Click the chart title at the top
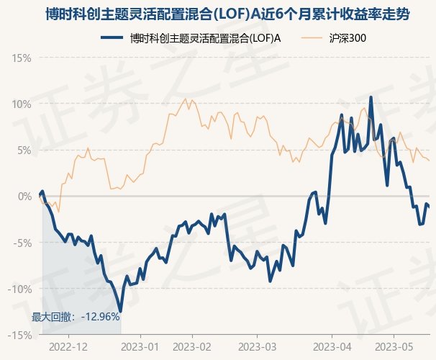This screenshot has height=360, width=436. [218, 15]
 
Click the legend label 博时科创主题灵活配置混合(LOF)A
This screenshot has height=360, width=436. [201, 38]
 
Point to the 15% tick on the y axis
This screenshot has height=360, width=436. [22, 58]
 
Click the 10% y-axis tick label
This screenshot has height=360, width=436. [22, 104]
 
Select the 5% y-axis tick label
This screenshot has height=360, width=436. [24, 150]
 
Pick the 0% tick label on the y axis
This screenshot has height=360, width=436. [24, 196]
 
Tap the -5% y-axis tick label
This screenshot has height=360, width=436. [22, 243]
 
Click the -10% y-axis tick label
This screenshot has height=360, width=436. [20, 289]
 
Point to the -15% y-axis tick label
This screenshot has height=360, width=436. [20, 335]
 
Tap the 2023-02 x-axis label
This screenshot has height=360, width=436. [194, 346]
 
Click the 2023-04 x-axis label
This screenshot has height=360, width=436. [332, 346]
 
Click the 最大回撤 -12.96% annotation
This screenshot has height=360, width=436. [76, 316]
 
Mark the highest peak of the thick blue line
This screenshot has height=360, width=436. [371, 97]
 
